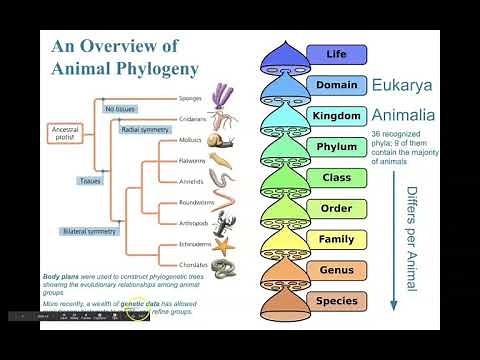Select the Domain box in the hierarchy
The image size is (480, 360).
click(336, 85)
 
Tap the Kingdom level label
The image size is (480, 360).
click(336, 116)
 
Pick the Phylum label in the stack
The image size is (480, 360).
click(336, 147)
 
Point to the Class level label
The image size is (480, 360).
click(336, 177)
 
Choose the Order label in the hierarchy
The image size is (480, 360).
click(336, 208)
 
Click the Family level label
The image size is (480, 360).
click(336, 239)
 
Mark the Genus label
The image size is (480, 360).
click(336, 270)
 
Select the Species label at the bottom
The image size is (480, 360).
click(336, 301)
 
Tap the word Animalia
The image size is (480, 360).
click(406, 116)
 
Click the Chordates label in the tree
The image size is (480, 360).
click(191, 265)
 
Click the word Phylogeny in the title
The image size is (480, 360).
click(150, 69)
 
